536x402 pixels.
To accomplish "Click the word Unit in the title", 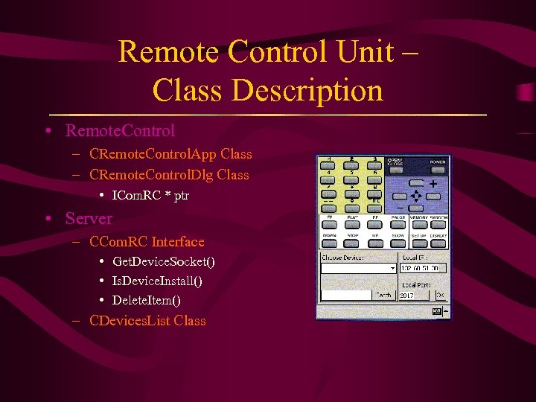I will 362,52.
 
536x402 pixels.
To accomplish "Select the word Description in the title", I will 307,91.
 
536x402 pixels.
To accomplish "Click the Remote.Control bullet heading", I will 120,131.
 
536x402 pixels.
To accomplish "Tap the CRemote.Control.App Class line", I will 170,154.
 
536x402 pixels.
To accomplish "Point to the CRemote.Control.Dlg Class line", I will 169,175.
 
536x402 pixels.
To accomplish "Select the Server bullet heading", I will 89,219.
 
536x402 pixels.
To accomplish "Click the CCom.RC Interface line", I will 147,242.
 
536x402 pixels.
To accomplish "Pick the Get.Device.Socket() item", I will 164,262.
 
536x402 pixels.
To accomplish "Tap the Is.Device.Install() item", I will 157,281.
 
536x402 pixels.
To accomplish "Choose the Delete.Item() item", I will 146,301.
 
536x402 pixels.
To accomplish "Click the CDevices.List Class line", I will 147,321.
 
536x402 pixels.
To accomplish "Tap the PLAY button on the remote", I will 352,224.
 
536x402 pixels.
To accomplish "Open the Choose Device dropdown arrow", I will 392,268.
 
